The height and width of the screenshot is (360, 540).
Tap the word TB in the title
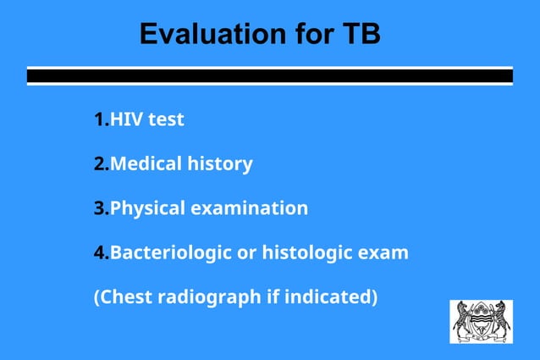pyautogui.click(x=361, y=34)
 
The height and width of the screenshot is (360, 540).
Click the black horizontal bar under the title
pyautogui.click(x=269, y=76)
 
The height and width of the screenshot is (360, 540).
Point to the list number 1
pyautogui.click(x=100, y=119)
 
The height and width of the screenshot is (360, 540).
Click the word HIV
pyautogui.click(x=127, y=119)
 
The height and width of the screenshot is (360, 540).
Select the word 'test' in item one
pyautogui.click(x=166, y=119)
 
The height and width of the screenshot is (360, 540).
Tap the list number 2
pyautogui.click(x=100, y=163)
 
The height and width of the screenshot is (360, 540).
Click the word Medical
pyautogui.click(x=145, y=163)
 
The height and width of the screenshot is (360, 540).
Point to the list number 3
pyautogui.click(x=100, y=208)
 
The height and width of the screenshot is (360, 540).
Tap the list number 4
pyautogui.click(x=100, y=252)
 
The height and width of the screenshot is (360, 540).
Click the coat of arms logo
pyautogui.click(x=481, y=321)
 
